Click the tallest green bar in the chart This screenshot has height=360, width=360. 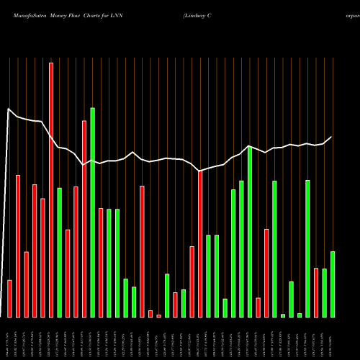pos(92,212)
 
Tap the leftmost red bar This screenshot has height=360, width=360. pos(10,299)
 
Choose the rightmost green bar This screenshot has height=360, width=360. pos(332,284)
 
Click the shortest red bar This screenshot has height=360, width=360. pos(158,315)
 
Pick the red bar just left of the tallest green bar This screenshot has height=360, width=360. pos(84,219)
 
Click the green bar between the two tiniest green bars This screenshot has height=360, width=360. pos(291,300)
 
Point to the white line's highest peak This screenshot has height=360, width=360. pos(9,109)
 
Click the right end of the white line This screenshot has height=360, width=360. pos(332,137)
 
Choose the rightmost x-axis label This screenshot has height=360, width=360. pos(332,338)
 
